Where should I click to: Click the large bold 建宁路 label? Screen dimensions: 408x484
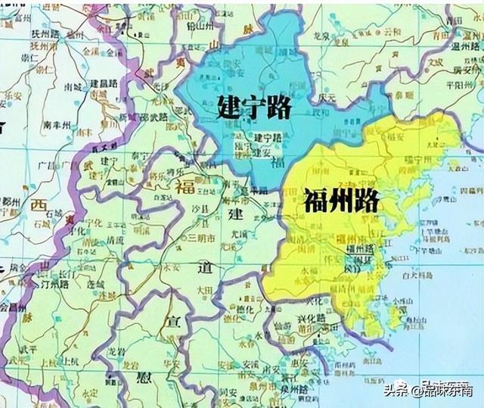pyautogui.click(x=254, y=107)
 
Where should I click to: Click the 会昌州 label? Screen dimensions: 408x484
pyautogui.click(x=13, y=309)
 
